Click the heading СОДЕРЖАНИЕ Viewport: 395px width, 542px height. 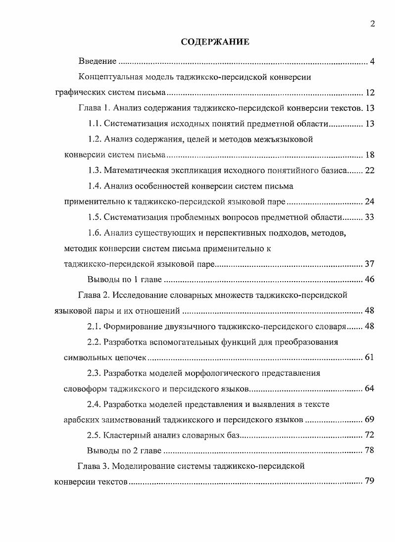tap(214, 42)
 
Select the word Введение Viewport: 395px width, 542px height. tap(98, 61)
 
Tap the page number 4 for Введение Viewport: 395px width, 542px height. tap(372, 61)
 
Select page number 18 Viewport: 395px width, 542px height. tap(370, 155)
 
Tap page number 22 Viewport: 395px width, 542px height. tap(370, 170)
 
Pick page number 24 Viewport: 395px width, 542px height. tap(370, 201)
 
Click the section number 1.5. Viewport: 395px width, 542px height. tap(95, 217)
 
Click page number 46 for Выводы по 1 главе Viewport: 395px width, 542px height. tap(370, 279)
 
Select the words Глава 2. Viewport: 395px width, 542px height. tap(94, 295)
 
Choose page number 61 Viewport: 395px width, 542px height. tap(370, 357)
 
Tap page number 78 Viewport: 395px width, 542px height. tap(370, 450)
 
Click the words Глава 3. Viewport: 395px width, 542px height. tap(94, 466)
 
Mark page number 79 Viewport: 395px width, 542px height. tap(370, 482)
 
